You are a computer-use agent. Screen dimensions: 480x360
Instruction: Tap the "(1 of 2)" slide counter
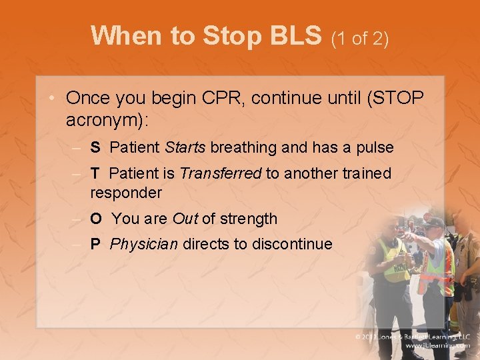click(360, 39)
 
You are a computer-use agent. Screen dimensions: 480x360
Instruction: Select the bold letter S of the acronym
click(95, 147)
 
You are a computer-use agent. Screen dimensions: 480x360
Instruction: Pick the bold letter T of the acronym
click(95, 173)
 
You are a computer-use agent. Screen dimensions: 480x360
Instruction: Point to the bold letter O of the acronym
click(96, 219)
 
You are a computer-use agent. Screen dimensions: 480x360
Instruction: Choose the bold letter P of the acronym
click(95, 244)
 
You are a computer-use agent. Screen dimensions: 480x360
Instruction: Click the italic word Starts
click(185, 147)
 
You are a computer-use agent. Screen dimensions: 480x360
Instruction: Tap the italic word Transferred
click(221, 173)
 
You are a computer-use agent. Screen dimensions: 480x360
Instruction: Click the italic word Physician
click(143, 244)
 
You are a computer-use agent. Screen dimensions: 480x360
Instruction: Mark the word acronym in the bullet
click(104, 120)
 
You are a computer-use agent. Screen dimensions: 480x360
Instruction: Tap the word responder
click(126, 193)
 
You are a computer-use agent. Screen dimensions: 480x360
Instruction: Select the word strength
click(249, 219)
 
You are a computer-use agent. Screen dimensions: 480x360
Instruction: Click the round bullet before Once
click(51, 97)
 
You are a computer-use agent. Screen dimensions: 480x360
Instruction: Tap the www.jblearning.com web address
click(438, 345)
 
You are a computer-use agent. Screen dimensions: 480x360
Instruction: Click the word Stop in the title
click(231, 35)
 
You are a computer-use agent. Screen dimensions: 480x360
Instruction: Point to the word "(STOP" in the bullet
click(395, 98)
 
